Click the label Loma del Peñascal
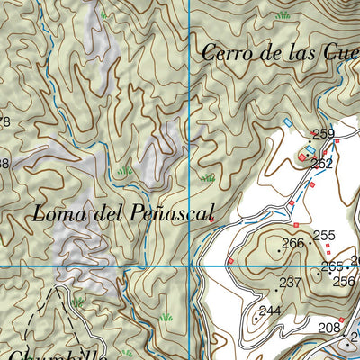124,214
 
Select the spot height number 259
323,134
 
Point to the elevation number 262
321,164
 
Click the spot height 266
292,243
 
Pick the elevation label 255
324,236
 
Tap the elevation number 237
290,283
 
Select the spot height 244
271,310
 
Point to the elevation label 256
343,281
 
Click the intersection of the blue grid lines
191,266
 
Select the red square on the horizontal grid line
230,261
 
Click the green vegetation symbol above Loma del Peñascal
124,170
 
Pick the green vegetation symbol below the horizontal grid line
165,318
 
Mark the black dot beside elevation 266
310,243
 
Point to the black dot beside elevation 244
260,318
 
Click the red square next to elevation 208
341,319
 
